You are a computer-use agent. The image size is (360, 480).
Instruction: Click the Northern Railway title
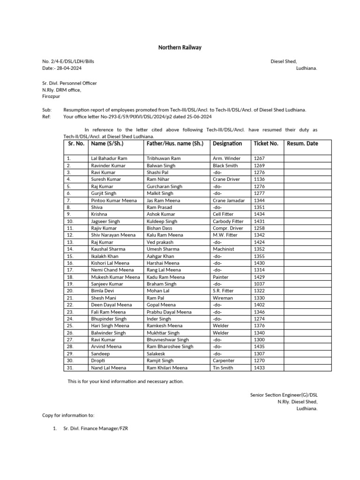(180, 47)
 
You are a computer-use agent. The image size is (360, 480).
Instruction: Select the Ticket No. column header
(266, 143)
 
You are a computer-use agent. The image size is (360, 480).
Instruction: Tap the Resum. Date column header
(302, 143)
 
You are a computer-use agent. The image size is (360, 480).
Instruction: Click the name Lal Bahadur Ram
(109, 159)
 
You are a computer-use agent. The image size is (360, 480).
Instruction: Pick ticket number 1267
(259, 159)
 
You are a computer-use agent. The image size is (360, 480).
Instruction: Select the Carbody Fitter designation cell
(228, 221)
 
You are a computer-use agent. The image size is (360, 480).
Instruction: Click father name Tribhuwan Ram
(163, 159)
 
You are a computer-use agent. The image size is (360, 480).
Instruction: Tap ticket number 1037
(259, 284)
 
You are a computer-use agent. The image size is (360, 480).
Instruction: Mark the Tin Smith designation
(223, 368)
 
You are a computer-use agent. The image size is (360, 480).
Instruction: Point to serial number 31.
(70, 368)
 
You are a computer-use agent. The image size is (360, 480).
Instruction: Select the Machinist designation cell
(223, 249)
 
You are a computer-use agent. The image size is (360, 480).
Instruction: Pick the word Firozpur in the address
(52, 96)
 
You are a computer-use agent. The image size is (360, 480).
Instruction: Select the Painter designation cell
(220, 277)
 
